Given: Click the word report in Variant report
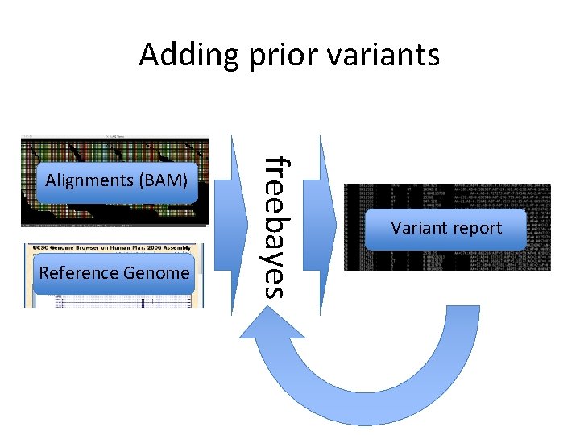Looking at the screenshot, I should pos(476,228).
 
